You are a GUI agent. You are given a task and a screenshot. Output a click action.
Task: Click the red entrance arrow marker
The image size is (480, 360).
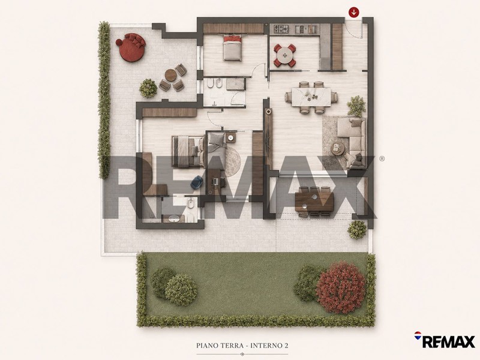click(x=354, y=13)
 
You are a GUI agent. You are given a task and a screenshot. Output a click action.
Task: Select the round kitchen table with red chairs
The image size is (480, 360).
click(x=285, y=55)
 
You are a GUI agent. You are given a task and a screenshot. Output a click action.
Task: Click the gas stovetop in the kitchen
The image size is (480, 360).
click(x=281, y=29)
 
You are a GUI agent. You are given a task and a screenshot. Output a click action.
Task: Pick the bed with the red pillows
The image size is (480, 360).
click(x=233, y=47)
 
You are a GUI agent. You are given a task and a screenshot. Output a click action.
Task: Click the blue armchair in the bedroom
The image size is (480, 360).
click(x=196, y=182)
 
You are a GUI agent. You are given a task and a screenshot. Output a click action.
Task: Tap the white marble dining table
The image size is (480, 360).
click(x=311, y=97)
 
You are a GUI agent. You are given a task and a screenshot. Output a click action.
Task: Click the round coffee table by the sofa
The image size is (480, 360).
click(x=338, y=148)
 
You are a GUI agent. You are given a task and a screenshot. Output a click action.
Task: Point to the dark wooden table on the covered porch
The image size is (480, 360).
click(x=314, y=202)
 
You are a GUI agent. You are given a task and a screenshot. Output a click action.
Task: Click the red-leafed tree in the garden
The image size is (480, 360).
click(x=340, y=287)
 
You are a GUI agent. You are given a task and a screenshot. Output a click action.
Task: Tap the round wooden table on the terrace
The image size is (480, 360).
click(x=170, y=75)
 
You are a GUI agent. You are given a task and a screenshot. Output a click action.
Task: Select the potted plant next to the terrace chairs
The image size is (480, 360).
click(x=148, y=88)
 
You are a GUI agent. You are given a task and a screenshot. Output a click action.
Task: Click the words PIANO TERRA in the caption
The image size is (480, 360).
click(x=220, y=346)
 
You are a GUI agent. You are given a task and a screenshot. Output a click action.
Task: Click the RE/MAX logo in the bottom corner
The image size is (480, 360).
click(x=445, y=340)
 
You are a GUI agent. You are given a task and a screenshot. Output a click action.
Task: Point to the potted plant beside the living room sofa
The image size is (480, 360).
click(x=356, y=106)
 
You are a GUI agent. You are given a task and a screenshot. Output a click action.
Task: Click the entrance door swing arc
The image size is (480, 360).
click(x=355, y=33)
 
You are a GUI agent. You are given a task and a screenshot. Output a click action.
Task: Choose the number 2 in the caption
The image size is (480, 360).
click(x=286, y=346)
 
